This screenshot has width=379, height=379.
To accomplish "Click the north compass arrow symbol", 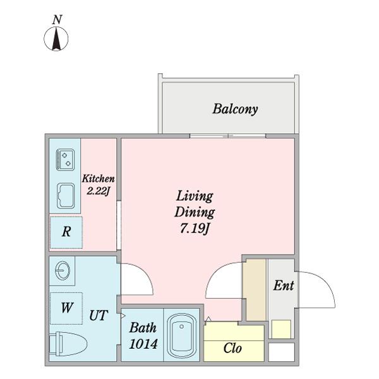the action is pos(56,39).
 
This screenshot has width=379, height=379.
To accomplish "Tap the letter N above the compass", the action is pos(57,20).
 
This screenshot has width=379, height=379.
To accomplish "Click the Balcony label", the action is pos(235,109).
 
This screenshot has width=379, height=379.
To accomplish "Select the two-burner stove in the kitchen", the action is pos(65,160).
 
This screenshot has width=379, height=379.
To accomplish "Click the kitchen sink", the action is pos(66,196).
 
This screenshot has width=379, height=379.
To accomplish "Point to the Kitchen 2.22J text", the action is pos(98,185).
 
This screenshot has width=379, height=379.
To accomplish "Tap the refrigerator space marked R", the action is pos(66,232).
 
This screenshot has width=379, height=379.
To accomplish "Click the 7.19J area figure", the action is pos(195,229).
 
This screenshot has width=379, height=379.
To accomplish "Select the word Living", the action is pos(195,196).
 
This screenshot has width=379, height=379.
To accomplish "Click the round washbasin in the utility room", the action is pos(63,271).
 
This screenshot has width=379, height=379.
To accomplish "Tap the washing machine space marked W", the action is pos(66,308).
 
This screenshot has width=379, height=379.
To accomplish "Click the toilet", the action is pos(68,344).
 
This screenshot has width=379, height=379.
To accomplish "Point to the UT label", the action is pos(98,316).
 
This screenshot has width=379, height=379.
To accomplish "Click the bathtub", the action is pos(182,335).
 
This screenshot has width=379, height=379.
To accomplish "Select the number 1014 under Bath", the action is pos(143,344).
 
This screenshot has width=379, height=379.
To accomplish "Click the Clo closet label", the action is pos(232,348).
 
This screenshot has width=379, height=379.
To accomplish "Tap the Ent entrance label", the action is pos(284,286).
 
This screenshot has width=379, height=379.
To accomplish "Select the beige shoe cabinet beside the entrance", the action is pos(255,290).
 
